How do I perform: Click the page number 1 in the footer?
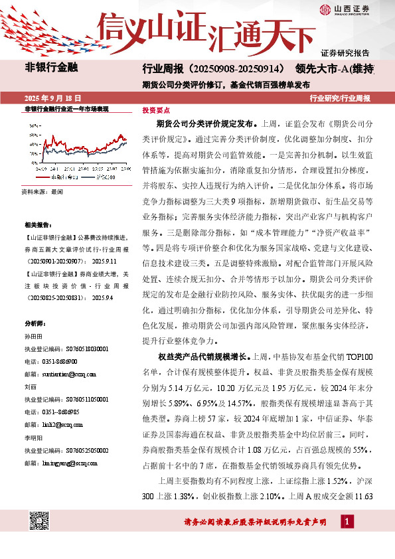click(x=346, y=522)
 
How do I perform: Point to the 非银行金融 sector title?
click(x=51, y=68)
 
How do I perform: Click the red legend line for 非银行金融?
click(x=44, y=177)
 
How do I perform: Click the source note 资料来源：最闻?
click(x=42, y=191)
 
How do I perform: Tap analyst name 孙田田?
click(x=33, y=337)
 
